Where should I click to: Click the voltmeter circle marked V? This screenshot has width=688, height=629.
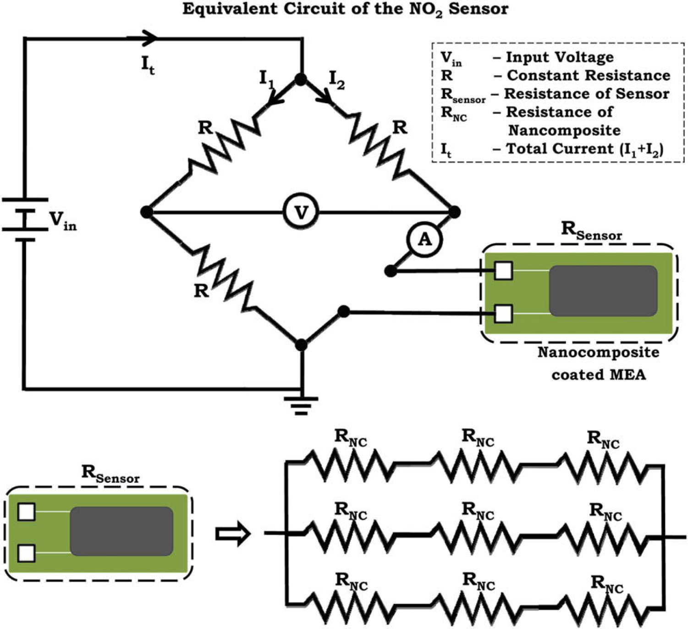point(301,212)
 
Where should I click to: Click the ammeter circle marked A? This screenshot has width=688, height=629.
point(424,239)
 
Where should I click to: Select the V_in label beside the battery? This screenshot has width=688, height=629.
point(63,221)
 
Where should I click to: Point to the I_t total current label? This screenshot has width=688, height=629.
point(148,65)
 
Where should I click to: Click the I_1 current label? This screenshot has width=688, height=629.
point(266,80)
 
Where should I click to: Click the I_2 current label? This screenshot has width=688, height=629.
point(337,80)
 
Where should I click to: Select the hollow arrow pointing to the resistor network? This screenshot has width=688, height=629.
point(233,534)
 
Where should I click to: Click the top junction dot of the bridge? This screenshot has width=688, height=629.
point(301,80)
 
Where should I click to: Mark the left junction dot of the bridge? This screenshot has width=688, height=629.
point(147,212)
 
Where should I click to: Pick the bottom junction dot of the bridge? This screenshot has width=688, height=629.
point(301,344)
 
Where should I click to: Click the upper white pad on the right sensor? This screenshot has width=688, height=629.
point(503,270)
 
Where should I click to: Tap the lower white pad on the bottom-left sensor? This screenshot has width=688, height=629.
point(27,553)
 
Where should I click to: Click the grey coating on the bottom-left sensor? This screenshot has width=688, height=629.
point(121,531)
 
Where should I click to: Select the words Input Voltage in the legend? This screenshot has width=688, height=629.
point(560,57)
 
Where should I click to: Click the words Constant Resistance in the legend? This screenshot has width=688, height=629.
point(589,76)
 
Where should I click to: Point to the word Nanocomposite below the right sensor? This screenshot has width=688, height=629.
point(598,353)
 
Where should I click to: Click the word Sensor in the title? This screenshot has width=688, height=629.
point(479,9)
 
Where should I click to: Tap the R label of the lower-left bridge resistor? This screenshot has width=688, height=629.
point(201,291)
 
